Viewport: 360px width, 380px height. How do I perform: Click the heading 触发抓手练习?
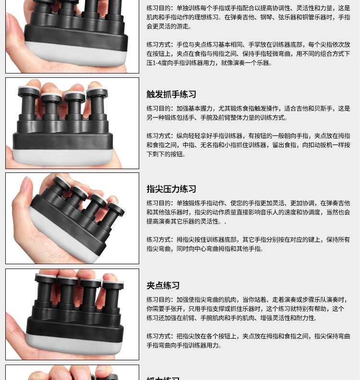click(x=171, y=94)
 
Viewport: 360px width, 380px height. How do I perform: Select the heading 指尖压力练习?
click(x=171, y=189)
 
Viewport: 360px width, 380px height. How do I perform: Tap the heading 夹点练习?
click(x=163, y=285)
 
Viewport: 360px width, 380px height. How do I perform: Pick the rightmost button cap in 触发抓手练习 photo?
click(x=97, y=91)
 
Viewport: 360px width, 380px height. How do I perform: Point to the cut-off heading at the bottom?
click(x=163, y=378)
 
